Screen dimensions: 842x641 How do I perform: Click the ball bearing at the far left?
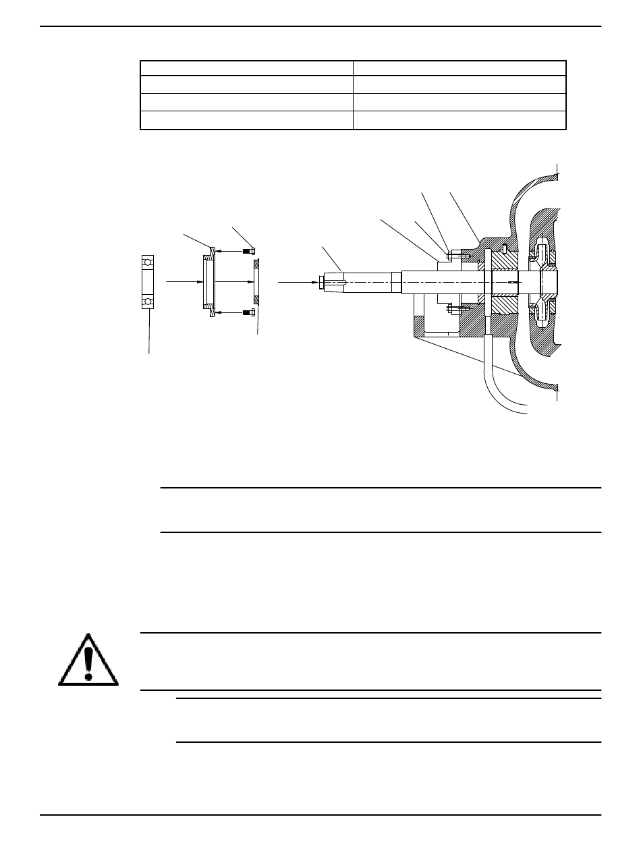pos(148,281)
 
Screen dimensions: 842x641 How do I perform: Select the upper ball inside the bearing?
pos(148,261)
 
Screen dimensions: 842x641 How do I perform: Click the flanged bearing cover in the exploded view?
pos(209,281)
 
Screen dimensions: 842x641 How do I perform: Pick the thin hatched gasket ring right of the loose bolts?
pos(256,281)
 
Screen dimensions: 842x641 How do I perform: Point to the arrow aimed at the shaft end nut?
pos(297,281)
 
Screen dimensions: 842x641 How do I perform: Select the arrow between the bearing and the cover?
pos(182,281)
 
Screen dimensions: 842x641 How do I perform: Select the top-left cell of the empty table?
pos(246,67)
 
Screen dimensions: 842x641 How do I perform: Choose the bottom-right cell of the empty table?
pos(459,121)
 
